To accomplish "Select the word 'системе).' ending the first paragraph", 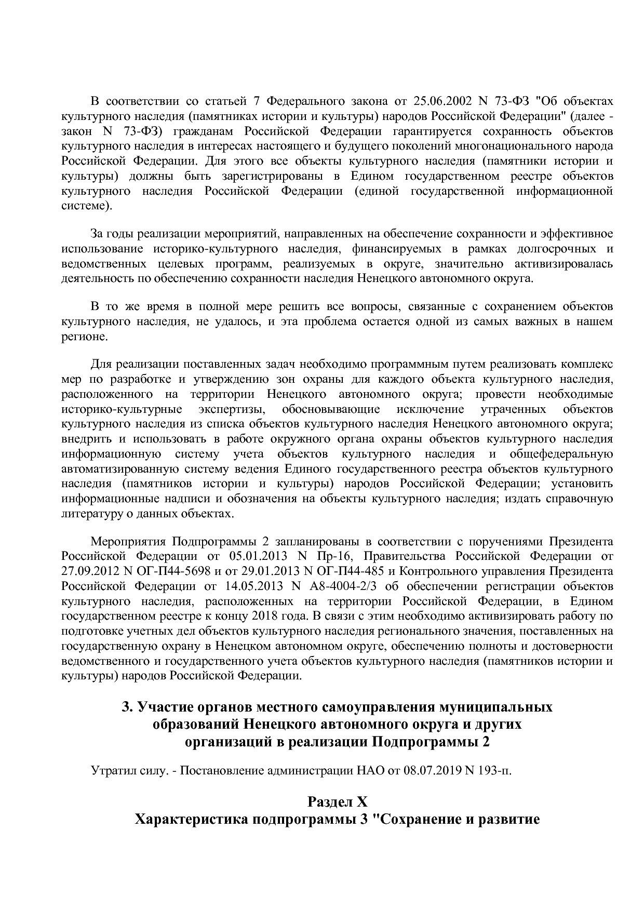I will (86, 206).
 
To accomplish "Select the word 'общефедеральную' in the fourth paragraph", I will (561, 454).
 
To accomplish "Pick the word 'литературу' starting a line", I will (89, 514).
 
